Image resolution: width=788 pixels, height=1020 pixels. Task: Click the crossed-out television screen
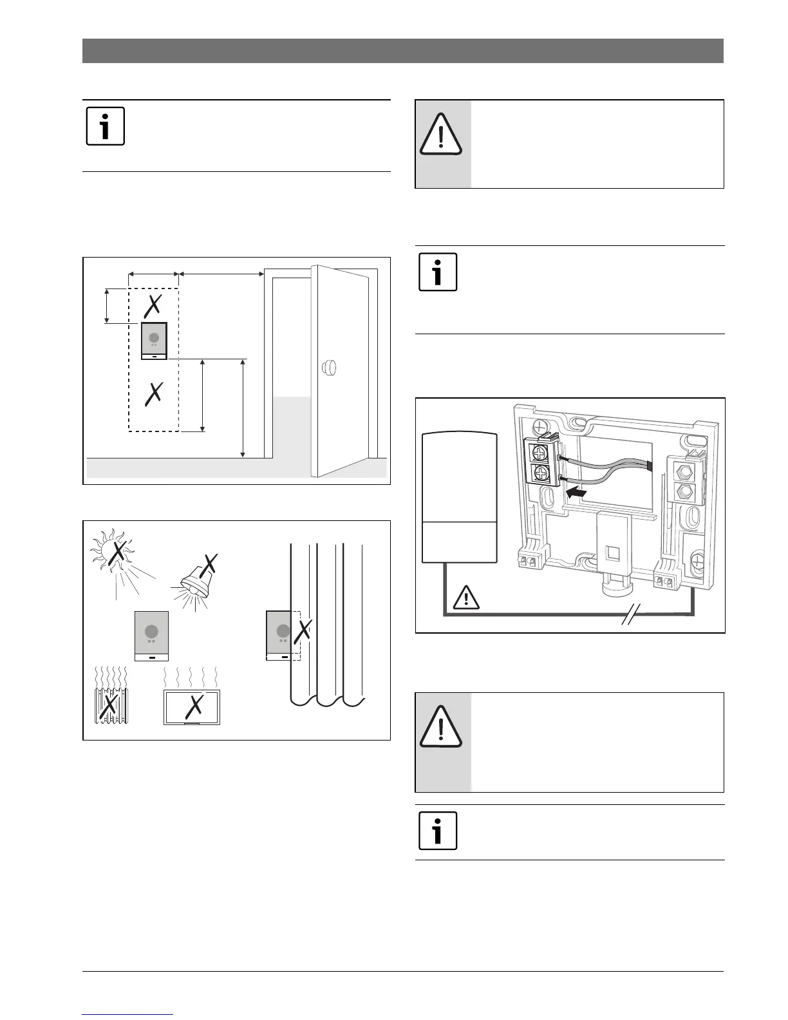(192, 707)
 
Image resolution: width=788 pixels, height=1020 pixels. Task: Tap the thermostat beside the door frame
(154, 341)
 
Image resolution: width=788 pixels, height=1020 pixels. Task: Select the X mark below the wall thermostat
(153, 393)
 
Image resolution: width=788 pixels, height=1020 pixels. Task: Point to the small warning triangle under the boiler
(466, 599)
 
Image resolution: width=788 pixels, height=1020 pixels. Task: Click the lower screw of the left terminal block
(540, 475)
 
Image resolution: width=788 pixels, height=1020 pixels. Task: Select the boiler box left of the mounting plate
(460, 498)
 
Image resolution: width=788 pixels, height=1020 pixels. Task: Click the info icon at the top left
(105, 127)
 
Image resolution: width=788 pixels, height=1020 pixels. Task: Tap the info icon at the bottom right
(438, 831)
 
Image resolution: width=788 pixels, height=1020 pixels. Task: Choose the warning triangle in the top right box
(441, 135)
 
